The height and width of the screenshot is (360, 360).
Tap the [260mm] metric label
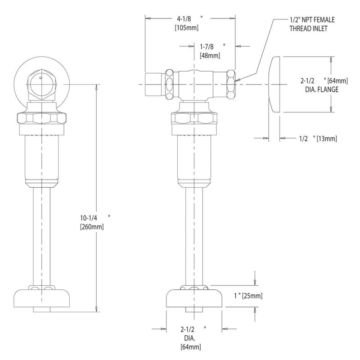coord(92,227)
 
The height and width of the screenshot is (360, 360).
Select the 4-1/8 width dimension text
coord(184,18)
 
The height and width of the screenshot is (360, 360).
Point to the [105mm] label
coord(187,28)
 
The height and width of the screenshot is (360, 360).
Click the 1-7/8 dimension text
coord(207,47)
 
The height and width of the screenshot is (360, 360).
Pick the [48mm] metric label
coord(210,55)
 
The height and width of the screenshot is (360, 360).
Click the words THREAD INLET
coord(308,28)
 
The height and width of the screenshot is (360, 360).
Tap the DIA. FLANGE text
coord(322,89)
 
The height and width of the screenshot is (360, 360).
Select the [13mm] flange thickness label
coord(327,139)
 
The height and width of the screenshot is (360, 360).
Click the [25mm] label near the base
coord(252,296)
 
